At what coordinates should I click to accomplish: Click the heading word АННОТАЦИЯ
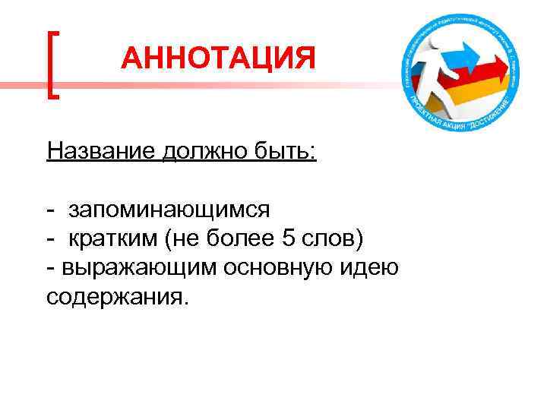[x=217, y=58]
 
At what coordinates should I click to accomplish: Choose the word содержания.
[x=115, y=296]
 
